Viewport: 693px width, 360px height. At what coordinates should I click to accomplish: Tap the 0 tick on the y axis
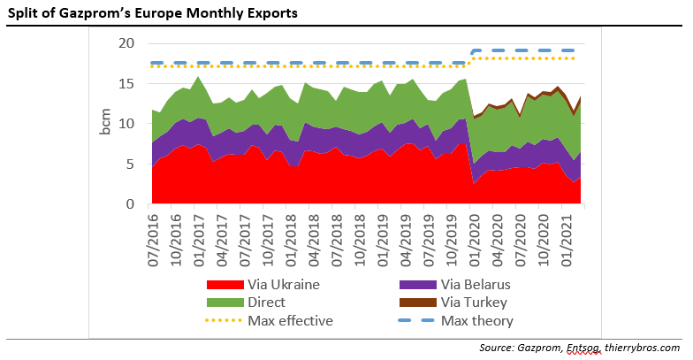(x=130, y=204)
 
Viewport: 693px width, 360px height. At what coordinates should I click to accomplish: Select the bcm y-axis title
(x=105, y=124)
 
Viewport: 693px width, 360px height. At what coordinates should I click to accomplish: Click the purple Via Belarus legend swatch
(x=421, y=285)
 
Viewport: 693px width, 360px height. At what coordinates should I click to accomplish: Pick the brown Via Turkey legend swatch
(x=421, y=303)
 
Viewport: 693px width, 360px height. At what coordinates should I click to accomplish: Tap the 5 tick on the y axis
(x=130, y=165)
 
